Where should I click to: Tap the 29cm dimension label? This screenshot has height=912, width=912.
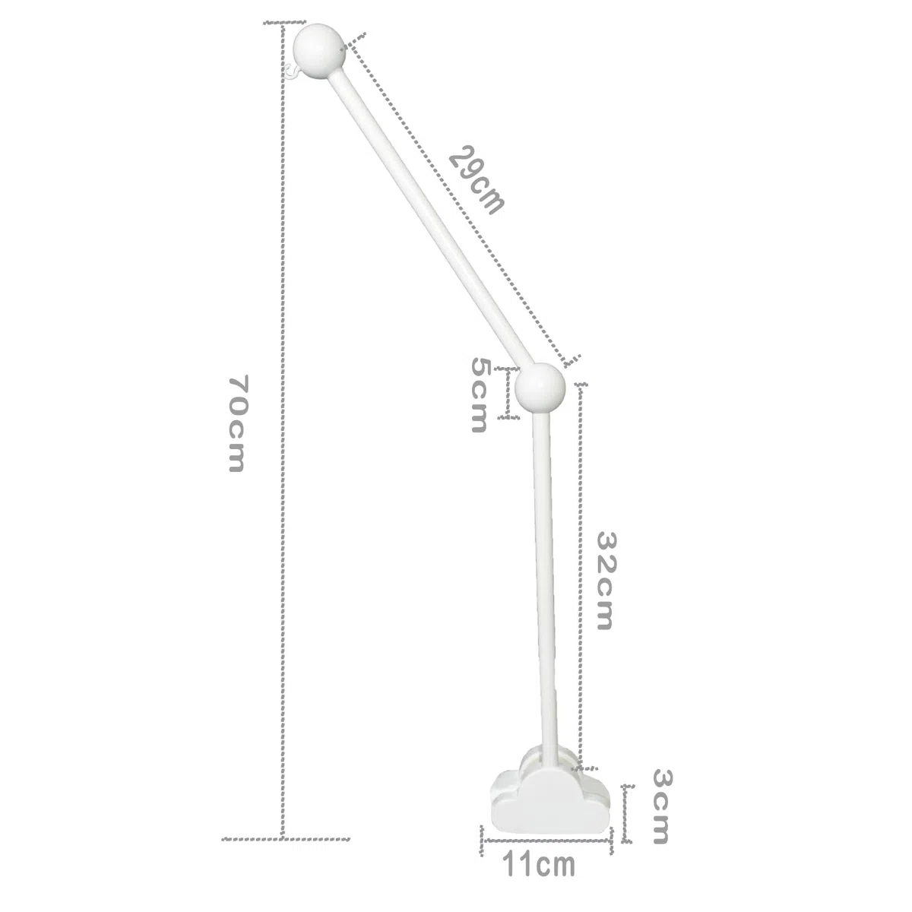pos(477,179)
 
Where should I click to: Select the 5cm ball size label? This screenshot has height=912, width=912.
pos(479,395)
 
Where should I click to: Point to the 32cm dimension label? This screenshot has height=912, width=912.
pos(605,581)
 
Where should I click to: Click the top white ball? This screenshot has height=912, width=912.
pos(318,51)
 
